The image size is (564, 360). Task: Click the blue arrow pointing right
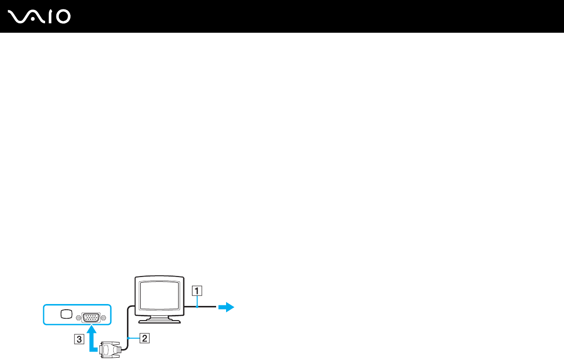click(x=226, y=307)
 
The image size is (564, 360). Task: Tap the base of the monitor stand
click(x=159, y=321)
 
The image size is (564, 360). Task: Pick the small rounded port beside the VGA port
click(x=67, y=314)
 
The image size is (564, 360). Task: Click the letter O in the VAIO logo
click(x=62, y=17)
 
